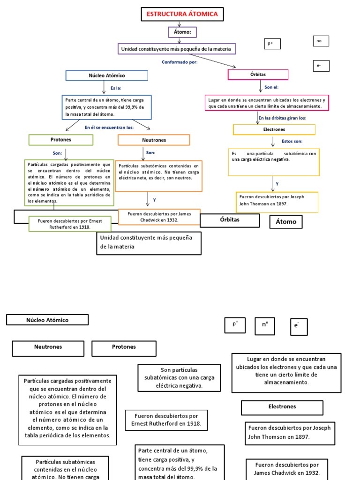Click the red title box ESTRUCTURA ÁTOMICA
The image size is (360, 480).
click(x=182, y=15)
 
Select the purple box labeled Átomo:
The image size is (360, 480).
click(x=182, y=32)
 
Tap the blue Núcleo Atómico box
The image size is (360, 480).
click(x=107, y=75)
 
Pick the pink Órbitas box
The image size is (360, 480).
click(x=258, y=75)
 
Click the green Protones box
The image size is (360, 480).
click(x=61, y=140)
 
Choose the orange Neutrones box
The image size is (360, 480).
click(x=154, y=140)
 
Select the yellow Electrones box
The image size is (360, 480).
click(x=274, y=129)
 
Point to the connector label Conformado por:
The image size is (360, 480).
click(x=180, y=62)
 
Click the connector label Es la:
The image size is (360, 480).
click(x=116, y=88)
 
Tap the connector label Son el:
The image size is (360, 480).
click(x=271, y=87)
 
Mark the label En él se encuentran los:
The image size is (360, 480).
click(x=109, y=127)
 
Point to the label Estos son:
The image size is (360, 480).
click(x=292, y=141)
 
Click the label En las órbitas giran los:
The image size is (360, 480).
click(x=282, y=118)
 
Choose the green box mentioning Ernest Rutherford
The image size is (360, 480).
click(x=70, y=224)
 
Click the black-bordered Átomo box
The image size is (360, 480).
click(x=286, y=222)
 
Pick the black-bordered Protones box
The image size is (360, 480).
click(x=124, y=348)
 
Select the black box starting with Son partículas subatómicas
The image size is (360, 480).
click(x=179, y=378)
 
